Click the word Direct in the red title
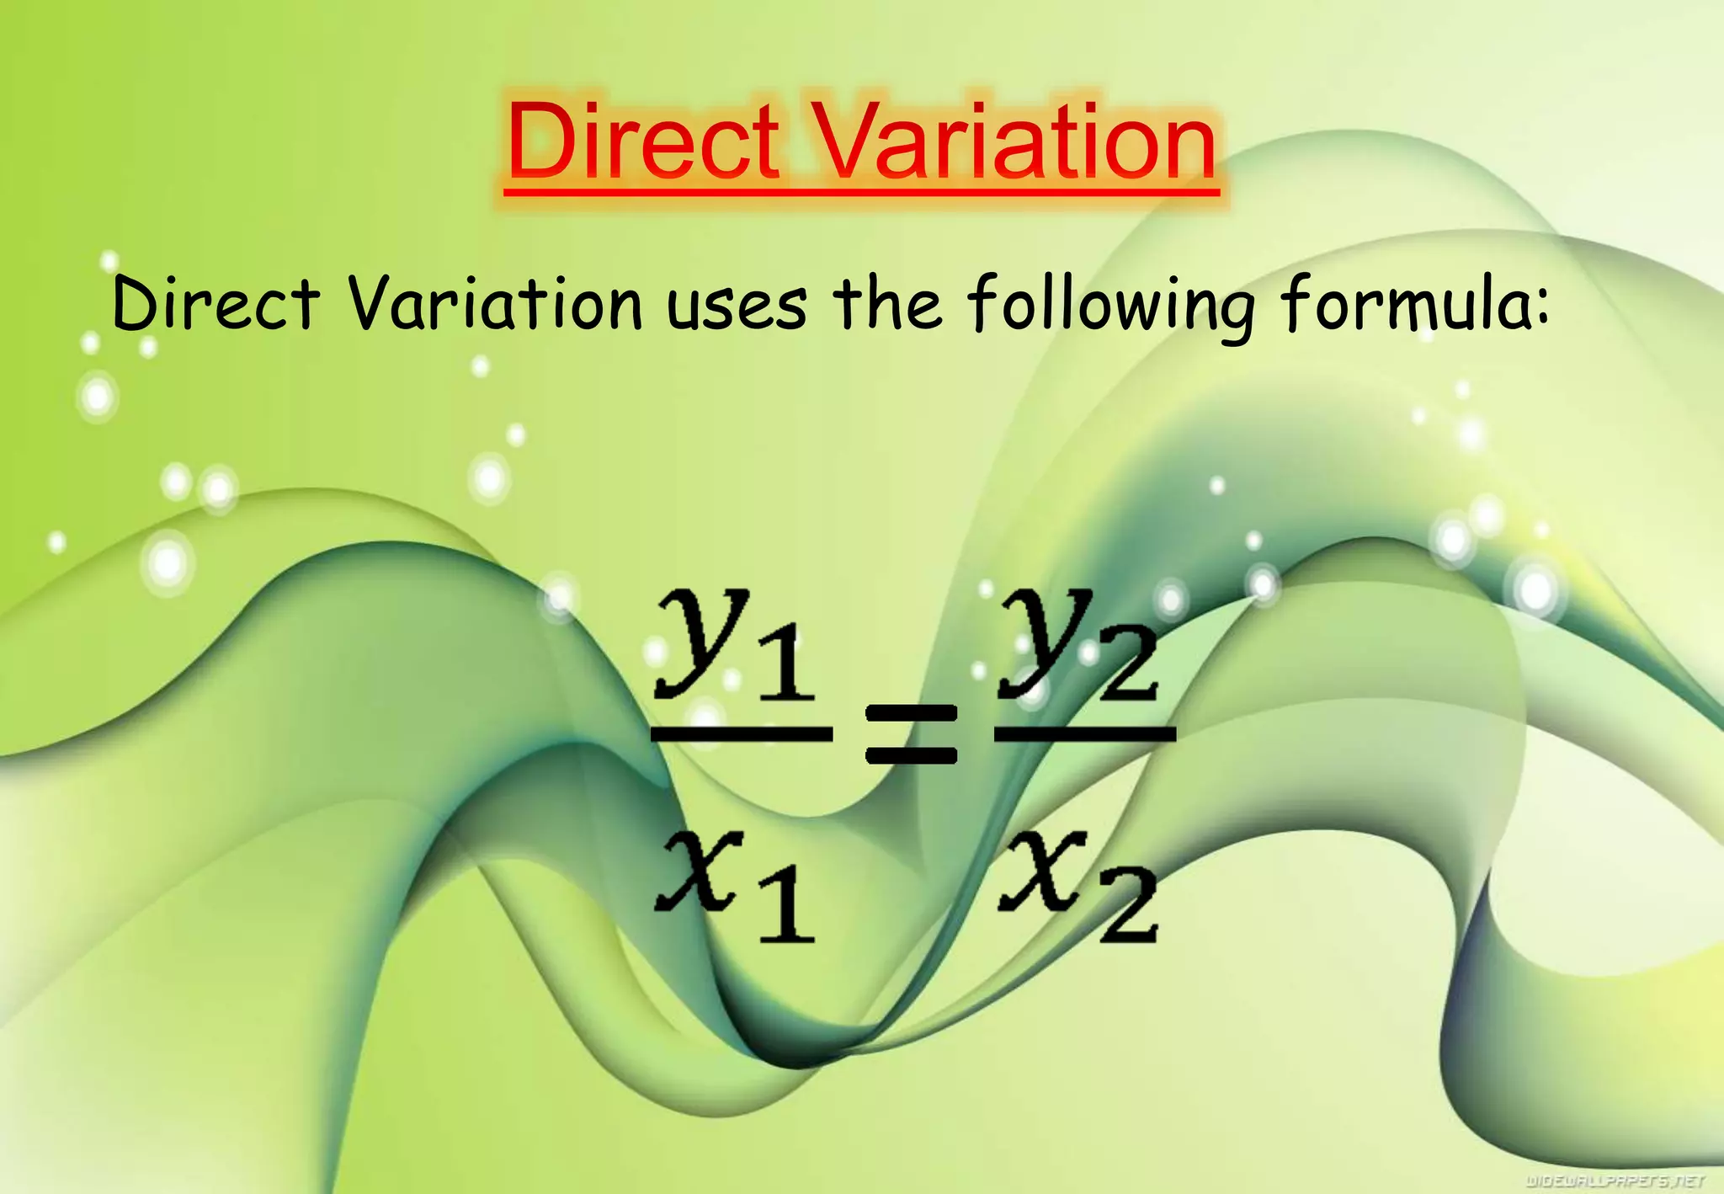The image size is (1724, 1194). [x=643, y=141]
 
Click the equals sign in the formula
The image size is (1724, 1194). [x=912, y=734]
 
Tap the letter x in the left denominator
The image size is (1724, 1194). [x=700, y=872]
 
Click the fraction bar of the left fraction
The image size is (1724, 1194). [x=742, y=735]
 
